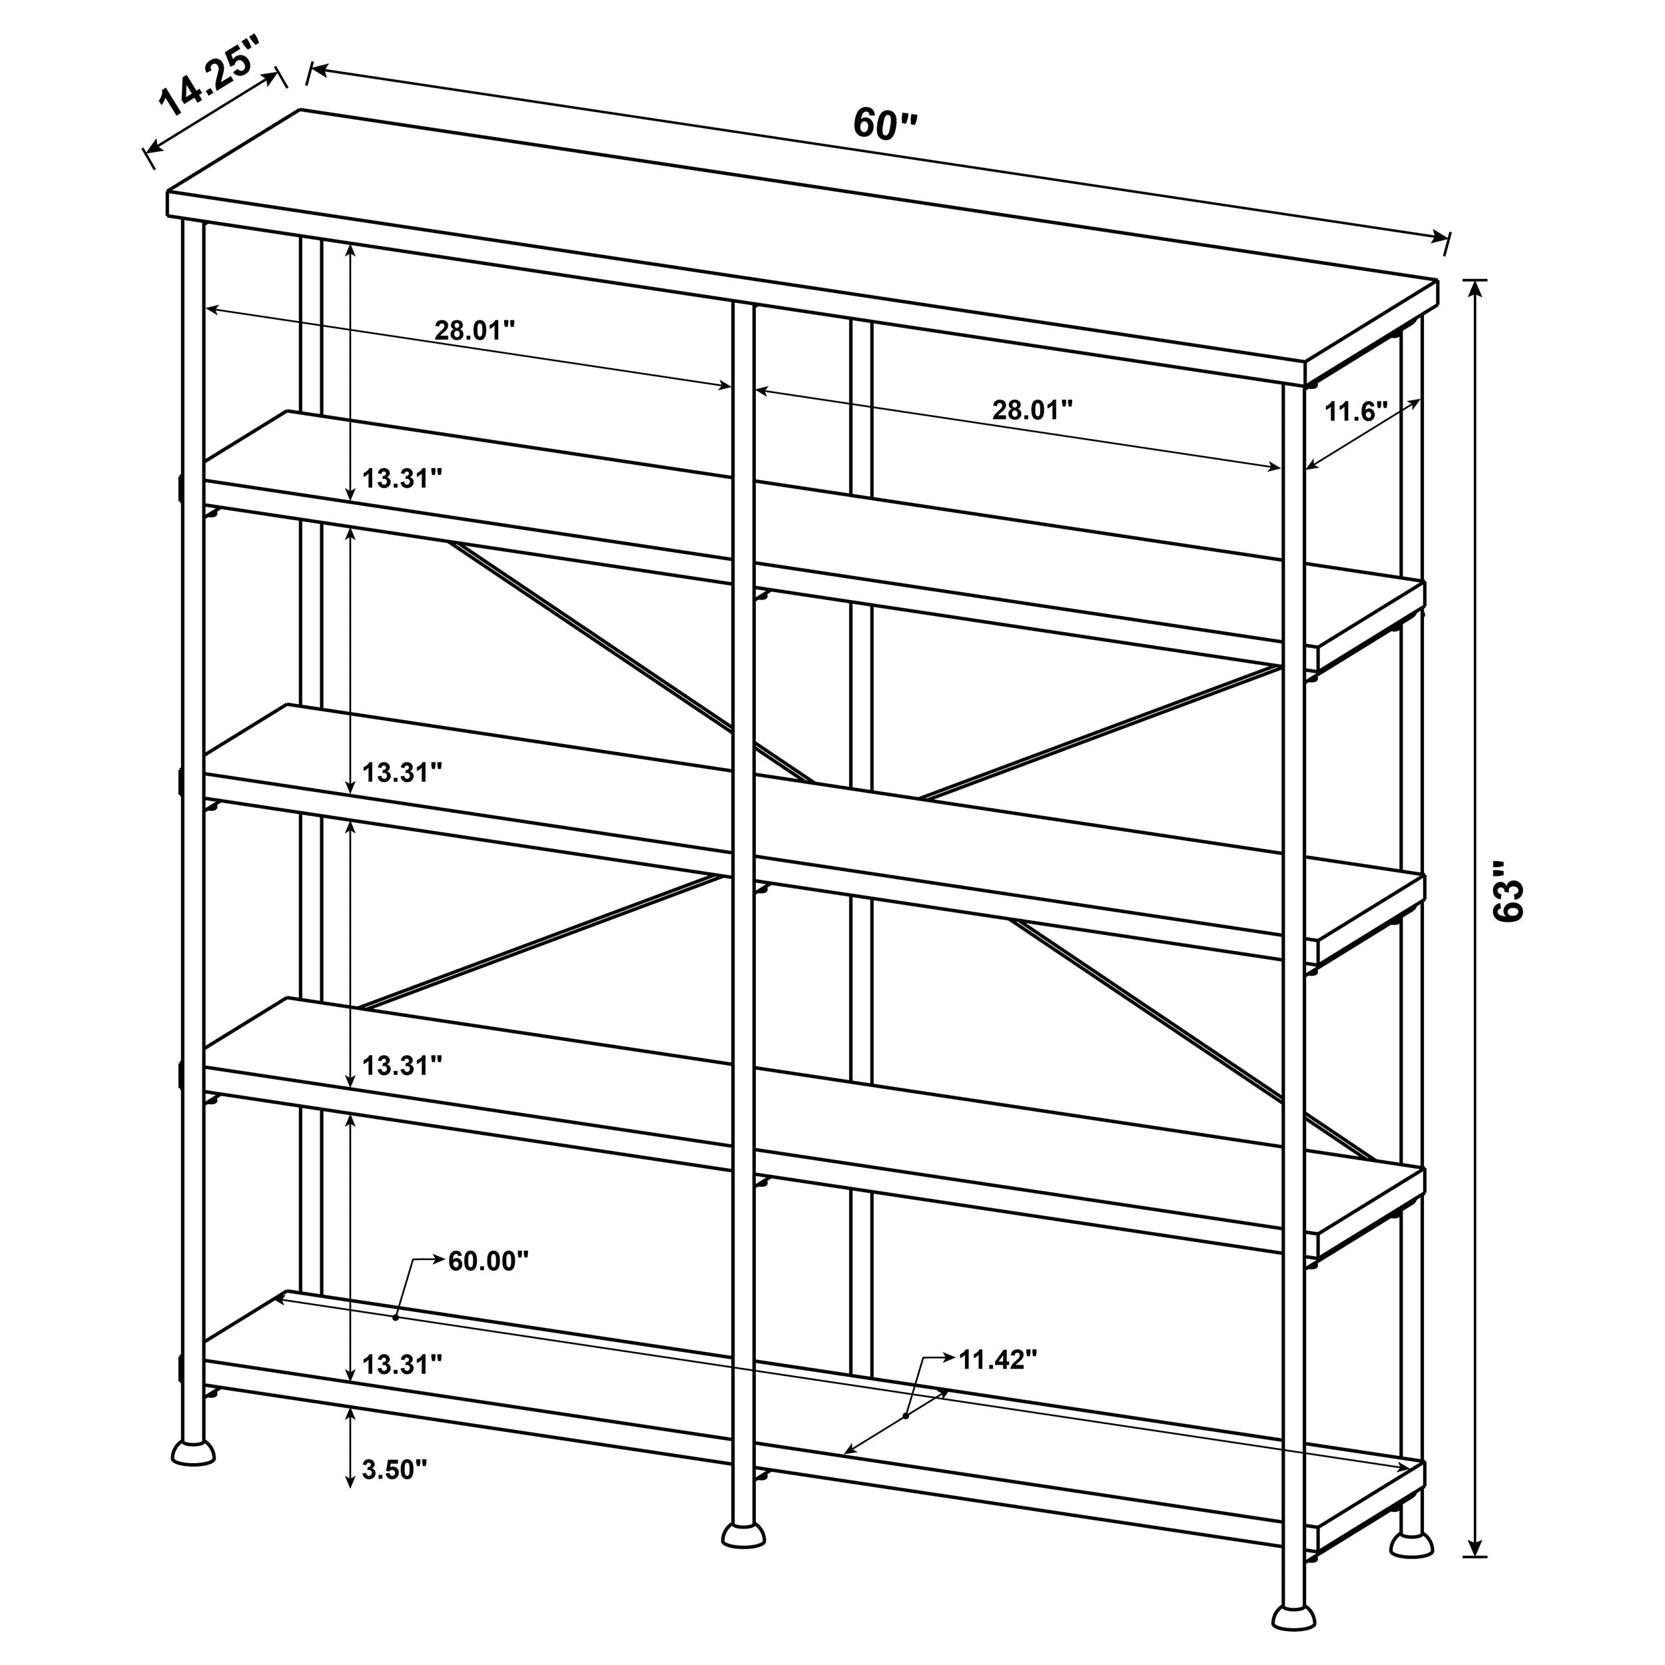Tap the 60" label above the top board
pos(885,124)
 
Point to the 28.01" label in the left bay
pos(474,330)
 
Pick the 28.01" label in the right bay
pos(1032,410)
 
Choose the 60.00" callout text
pos(488,1261)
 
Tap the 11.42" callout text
pos(998,1360)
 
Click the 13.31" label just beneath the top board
pos(402,478)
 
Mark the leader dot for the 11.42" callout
pos(906,1416)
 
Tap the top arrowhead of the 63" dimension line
pos(1477,288)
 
